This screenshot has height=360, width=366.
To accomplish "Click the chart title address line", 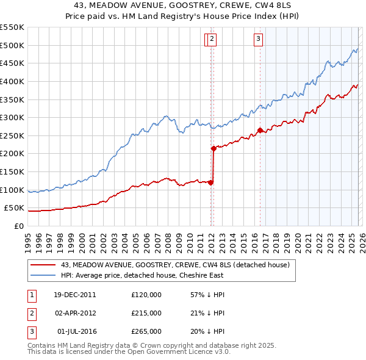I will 182,5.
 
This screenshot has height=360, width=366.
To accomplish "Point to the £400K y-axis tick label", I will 12,81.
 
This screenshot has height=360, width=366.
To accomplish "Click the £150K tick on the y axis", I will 12,172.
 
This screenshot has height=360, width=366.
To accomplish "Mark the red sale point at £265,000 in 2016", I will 260,130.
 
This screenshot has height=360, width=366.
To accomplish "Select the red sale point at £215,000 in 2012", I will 213,148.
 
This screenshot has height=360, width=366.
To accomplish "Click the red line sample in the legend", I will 43,265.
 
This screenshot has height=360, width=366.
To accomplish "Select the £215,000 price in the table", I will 146,313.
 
